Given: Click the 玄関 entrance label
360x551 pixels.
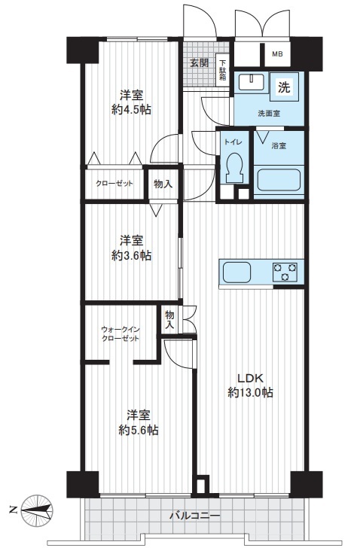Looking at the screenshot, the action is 200,63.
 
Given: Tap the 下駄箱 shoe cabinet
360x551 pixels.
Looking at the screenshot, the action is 223,70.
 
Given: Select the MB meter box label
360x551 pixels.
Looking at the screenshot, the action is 277,54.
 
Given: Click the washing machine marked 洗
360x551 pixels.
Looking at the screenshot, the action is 285,87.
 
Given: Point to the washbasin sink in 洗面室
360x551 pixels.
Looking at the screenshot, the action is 252,83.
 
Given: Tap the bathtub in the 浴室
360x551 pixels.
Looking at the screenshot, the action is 279,180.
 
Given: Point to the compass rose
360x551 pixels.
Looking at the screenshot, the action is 37,510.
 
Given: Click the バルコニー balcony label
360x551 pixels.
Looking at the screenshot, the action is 195,516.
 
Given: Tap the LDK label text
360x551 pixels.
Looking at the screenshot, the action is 250,378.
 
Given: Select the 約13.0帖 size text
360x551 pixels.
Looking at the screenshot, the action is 250,392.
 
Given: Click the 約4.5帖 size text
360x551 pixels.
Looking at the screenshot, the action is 132,110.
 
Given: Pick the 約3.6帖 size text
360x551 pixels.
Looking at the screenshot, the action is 132,255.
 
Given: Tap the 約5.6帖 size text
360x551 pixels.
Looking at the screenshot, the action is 138,430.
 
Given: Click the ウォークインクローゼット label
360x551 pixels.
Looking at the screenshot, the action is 121,334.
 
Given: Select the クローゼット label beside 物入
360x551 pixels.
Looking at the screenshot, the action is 114,184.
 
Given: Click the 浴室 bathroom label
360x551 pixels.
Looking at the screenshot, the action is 279,145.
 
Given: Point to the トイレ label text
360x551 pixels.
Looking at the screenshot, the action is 233,142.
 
